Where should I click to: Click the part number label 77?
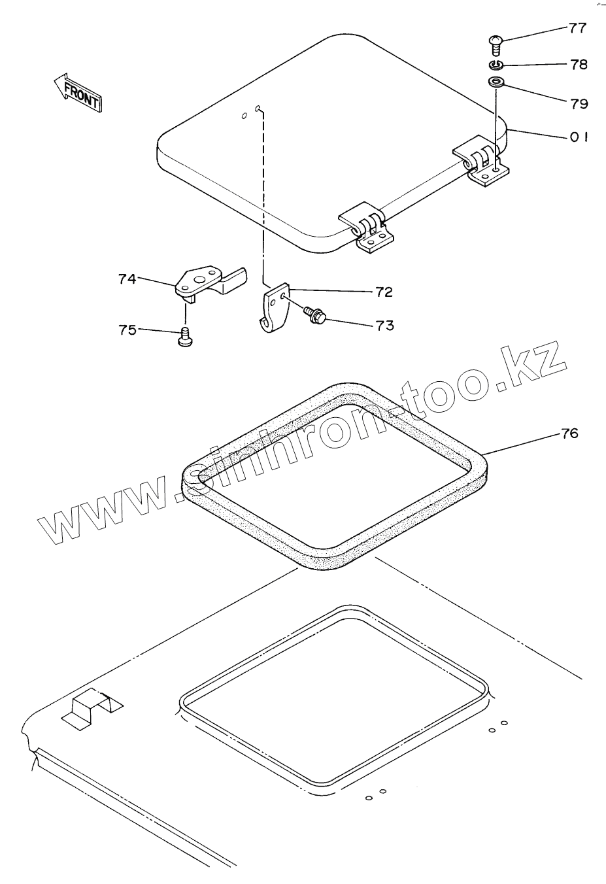(577, 28)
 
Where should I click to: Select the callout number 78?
(579, 65)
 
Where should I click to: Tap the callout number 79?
(579, 103)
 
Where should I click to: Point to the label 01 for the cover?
(578, 137)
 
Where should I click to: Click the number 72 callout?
(384, 292)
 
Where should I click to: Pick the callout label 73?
(385, 325)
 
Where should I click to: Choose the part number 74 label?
(127, 279)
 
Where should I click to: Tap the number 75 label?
(127, 330)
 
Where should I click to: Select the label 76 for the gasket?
(569, 433)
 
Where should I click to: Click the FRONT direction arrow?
(78, 92)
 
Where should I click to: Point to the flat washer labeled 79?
(496, 83)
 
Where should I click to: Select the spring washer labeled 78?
(496, 65)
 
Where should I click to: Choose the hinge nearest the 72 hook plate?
(367, 229)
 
